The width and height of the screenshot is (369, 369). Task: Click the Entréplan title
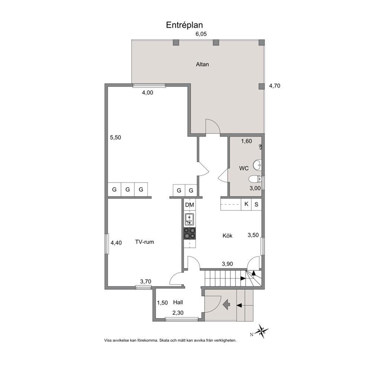click(184, 25)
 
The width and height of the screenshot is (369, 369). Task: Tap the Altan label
click(202, 64)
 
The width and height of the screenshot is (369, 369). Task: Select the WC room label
click(244, 168)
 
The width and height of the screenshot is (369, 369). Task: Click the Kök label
click(227, 235)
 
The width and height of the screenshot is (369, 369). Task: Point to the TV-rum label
click(144, 242)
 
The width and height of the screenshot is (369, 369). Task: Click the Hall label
click(178, 302)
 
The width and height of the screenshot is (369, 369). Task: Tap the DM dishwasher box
click(189, 205)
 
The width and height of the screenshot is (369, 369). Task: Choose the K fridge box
click(246, 204)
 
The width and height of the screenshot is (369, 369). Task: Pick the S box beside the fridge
click(257, 205)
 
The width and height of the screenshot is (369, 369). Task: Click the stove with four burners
click(190, 233)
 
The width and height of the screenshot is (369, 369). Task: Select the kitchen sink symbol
click(189, 219)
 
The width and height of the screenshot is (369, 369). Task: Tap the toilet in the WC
click(255, 179)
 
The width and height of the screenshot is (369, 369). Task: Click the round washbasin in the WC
click(257, 165)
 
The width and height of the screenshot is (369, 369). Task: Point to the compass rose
click(261, 331)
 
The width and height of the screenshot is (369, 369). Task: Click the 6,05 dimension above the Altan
click(201, 34)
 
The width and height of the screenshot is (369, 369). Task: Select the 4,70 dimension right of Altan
click(275, 86)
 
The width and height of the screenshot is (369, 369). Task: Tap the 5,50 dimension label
click(116, 137)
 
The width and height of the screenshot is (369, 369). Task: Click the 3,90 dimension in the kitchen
click(227, 264)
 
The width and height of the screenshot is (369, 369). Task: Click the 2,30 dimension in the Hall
click(178, 313)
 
